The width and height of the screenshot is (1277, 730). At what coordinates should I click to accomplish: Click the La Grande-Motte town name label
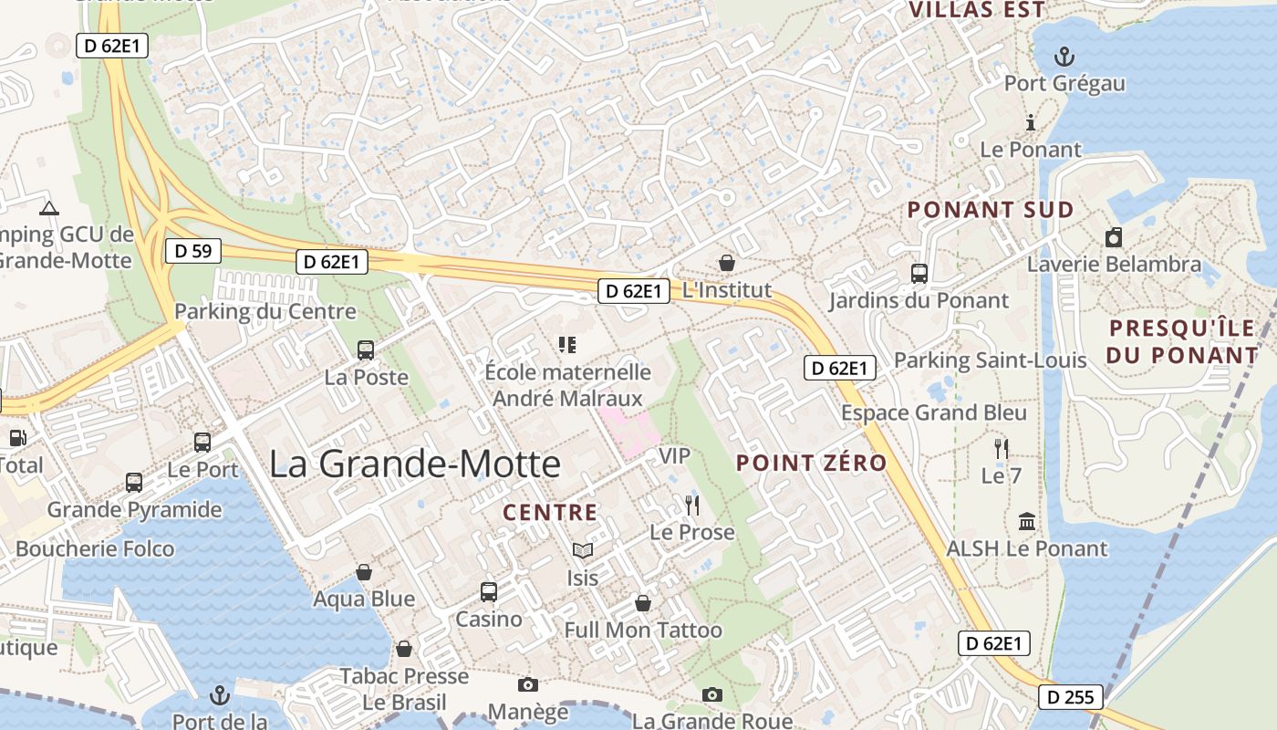click(x=415, y=464)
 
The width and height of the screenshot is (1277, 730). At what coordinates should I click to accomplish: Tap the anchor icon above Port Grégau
click(x=1064, y=57)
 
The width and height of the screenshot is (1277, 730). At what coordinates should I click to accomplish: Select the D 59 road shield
click(x=193, y=250)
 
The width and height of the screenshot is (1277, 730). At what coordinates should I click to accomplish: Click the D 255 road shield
click(x=1071, y=697)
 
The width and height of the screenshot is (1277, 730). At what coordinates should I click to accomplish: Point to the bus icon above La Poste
click(x=366, y=349)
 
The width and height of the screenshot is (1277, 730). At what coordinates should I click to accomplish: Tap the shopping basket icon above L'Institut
click(x=727, y=263)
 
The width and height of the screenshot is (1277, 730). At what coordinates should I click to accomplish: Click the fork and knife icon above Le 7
click(x=1002, y=448)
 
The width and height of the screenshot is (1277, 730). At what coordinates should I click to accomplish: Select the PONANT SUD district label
click(x=991, y=210)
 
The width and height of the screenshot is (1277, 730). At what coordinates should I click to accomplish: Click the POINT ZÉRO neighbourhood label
click(x=812, y=463)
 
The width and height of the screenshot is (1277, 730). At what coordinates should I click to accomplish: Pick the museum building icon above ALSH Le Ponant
click(x=1027, y=522)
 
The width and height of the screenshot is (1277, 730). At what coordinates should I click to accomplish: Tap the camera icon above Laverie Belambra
click(x=1114, y=238)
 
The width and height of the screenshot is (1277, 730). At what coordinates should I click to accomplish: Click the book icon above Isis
click(x=583, y=550)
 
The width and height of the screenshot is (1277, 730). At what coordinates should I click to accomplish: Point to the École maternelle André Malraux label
click(x=567, y=385)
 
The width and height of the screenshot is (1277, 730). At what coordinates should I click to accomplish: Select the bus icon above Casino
click(x=489, y=591)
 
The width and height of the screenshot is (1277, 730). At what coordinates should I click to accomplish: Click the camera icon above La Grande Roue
click(x=712, y=694)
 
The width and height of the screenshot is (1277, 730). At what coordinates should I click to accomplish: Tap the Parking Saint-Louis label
click(x=990, y=360)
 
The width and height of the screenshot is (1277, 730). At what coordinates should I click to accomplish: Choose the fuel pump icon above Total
click(x=17, y=438)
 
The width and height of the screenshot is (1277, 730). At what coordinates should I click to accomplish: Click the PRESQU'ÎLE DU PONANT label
click(x=1182, y=341)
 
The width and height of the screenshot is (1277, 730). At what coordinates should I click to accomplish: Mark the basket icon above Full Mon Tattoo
click(x=643, y=603)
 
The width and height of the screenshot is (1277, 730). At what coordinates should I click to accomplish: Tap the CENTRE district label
click(x=550, y=513)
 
